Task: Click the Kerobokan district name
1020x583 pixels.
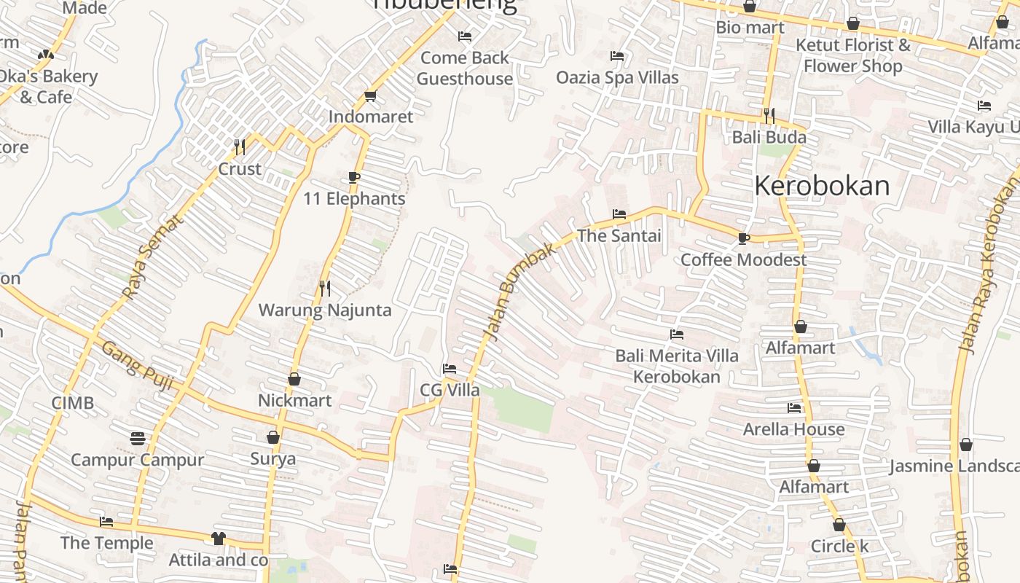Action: (x=822, y=187)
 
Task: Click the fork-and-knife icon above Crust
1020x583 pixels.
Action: (x=240, y=147)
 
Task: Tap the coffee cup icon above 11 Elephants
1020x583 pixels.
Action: (x=354, y=177)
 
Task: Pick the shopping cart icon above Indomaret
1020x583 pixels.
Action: (x=370, y=96)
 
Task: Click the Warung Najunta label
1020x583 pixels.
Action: (x=325, y=310)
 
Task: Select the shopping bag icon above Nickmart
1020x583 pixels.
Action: (x=294, y=379)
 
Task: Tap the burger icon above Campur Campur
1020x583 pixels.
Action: (x=138, y=438)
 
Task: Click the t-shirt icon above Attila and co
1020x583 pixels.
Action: (x=218, y=539)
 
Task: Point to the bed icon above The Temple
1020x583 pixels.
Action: (x=106, y=522)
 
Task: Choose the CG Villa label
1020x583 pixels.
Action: (x=450, y=390)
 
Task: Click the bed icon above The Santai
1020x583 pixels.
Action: (x=619, y=214)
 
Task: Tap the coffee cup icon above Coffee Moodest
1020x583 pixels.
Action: (x=743, y=238)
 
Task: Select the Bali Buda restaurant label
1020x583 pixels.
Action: (x=769, y=137)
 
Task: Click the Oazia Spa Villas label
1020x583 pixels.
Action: (x=617, y=77)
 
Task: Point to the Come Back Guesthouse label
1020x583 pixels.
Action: (x=465, y=68)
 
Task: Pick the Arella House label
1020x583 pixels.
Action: (x=793, y=429)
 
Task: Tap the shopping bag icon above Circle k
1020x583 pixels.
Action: (x=839, y=525)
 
